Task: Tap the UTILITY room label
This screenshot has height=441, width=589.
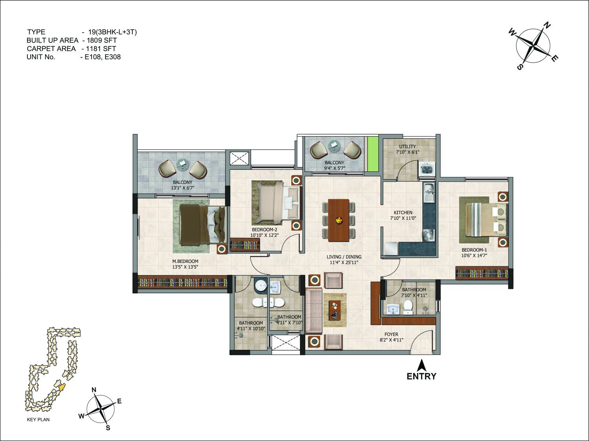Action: pos(407,147)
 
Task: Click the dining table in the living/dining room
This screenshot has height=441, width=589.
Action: pos(338,220)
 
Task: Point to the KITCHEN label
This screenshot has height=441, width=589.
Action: pos(403,213)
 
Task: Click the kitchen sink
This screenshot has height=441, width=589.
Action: pos(429,193)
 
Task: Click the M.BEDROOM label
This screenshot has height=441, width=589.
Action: pos(185,261)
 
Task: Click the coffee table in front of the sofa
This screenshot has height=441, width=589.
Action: pos(335,310)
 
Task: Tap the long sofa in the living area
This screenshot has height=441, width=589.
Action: pos(314,311)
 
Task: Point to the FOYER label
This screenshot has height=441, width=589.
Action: pos(391,334)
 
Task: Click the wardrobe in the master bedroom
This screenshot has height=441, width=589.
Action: pos(184,283)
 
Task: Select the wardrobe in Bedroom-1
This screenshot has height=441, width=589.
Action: pos(482,273)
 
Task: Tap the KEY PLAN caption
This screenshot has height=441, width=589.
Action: pos(38,419)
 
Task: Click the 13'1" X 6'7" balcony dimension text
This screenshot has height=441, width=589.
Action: pos(182,188)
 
